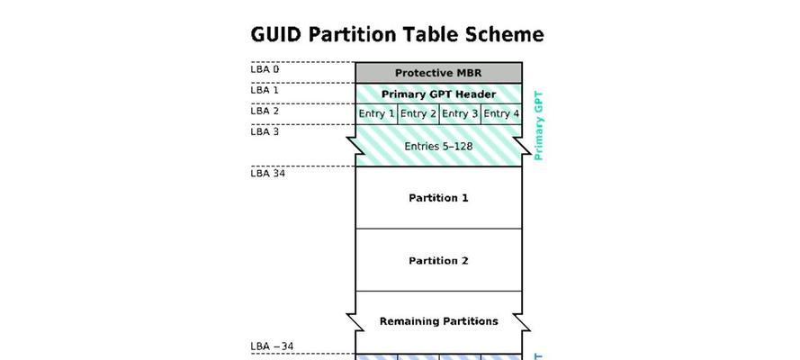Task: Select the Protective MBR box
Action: coord(439,73)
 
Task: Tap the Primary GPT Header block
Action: coord(439,94)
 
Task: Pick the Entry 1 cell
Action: coord(376,114)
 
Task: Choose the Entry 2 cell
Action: coord(418,114)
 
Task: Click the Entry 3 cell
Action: coord(460,114)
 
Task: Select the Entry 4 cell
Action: coord(501,114)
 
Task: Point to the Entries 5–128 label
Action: coord(438,147)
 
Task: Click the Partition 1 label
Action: coord(438,198)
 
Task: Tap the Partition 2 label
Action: coord(438,261)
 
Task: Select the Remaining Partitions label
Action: coord(439,321)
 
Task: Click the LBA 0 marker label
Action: coord(265,69)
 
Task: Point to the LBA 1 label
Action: coord(265,90)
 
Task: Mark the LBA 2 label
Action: coord(265,111)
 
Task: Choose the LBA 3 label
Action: coord(265,131)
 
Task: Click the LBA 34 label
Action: coord(268,174)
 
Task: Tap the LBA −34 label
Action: coord(272,346)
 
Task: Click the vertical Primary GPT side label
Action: coord(539,126)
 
